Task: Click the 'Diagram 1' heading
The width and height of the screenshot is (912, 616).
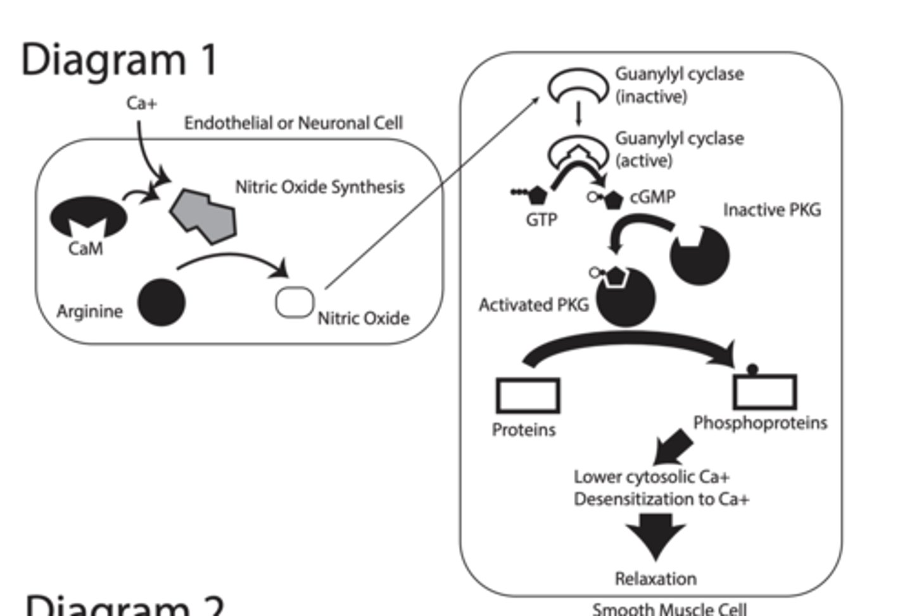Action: pyautogui.click(x=119, y=60)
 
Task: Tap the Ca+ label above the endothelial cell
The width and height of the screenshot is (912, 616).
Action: pyautogui.click(x=141, y=103)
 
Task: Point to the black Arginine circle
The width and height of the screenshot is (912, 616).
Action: pyautogui.click(x=161, y=303)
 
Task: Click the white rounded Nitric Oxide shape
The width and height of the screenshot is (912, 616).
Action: pyautogui.click(x=294, y=303)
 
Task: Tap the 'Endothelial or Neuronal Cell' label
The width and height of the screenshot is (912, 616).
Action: pyautogui.click(x=293, y=123)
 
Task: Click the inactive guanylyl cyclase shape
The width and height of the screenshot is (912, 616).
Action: pyautogui.click(x=577, y=85)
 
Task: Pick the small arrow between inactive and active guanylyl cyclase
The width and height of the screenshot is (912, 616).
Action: pyautogui.click(x=578, y=115)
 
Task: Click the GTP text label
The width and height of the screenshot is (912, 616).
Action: pyautogui.click(x=541, y=220)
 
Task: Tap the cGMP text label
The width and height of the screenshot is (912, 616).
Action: pyautogui.click(x=652, y=197)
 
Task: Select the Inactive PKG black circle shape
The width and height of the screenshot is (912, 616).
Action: pyautogui.click(x=700, y=257)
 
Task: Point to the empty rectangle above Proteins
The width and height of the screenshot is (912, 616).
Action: pyautogui.click(x=528, y=396)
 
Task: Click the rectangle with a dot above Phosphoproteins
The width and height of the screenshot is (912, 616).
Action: pyautogui.click(x=764, y=391)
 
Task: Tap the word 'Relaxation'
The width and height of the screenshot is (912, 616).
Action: pyautogui.click(x=655, y=579)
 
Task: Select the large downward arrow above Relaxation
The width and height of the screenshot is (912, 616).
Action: pyautogui.click(x=656, y=535)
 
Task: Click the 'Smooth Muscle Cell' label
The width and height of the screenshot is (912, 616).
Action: pyautogui.click(x=669, y=609)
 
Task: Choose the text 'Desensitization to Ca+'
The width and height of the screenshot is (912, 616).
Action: pyautogui.click(x=661, y=500)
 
